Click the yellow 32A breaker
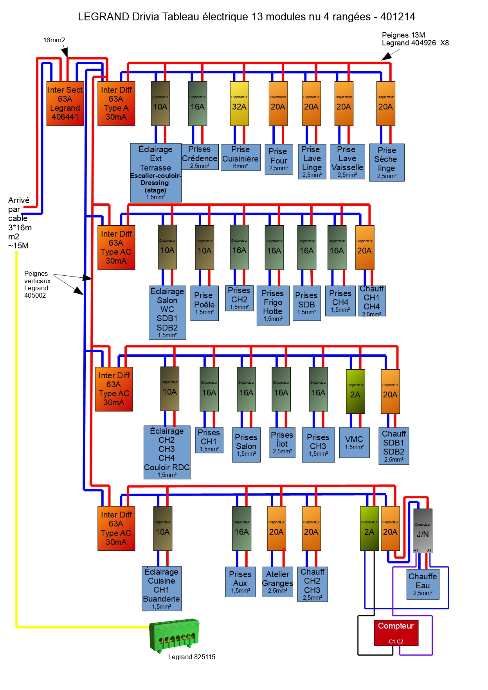[239, 104]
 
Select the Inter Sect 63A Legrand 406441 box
[65, 104]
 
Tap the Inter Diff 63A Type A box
[116, 104]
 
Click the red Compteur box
[396, 632]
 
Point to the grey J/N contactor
[423, 530]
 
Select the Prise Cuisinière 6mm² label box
[240, 158]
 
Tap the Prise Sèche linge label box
[387, 162]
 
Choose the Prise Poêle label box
[204, 304]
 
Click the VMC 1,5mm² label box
[354, 442]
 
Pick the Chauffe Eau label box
[423, 584]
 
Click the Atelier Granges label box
[277, 582]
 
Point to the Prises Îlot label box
[282, 443]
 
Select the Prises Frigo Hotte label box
[273, 305]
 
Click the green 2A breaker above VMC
[355, 392]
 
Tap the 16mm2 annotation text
[54, 40]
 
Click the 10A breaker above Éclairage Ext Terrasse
[160, 104]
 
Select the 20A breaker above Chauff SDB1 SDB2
[390, 392]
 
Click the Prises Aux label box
[240, 582]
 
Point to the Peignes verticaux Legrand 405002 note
[37, 284]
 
